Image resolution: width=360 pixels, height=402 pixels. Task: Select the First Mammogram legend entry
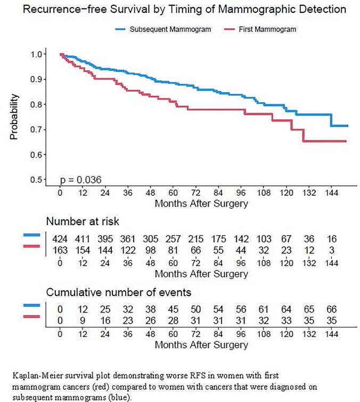pos(269,29)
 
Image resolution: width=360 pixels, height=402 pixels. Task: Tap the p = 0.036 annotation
pos(80,179)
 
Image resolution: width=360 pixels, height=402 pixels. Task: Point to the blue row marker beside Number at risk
pos(31,235)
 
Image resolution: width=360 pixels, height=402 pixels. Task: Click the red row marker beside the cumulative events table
pos(31,317)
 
